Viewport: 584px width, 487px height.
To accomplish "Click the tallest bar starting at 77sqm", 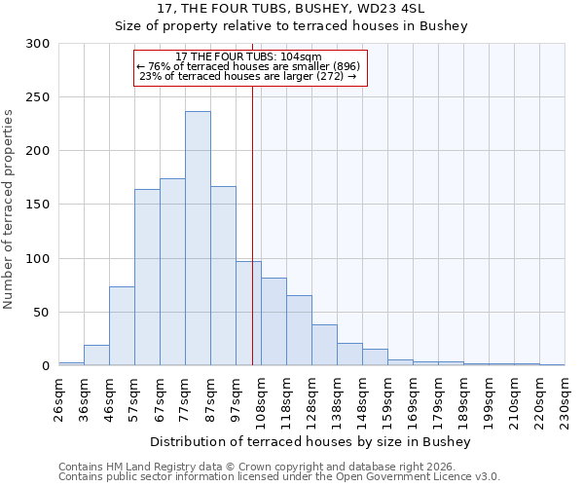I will [x=198, y=239].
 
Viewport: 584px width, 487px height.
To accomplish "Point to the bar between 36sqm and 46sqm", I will [x=96, y=356].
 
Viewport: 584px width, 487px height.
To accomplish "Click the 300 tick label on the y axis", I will [x=38, y=44].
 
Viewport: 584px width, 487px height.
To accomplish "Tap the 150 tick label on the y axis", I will [x=38, y=205].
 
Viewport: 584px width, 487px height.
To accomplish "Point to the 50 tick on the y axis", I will [x=42, y=313].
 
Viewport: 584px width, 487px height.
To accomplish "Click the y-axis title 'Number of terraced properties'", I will [x=9, y=208].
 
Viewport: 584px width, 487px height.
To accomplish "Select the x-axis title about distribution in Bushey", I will [x=311, y=441].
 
